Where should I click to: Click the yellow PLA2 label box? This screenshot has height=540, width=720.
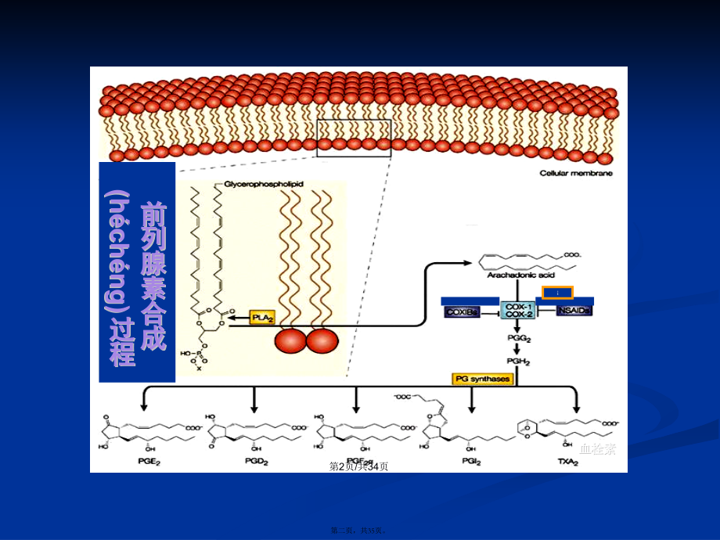tap(263, 317)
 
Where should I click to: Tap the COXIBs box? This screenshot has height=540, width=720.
tap(462, 311)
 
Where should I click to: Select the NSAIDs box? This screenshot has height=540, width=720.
tap(574, 311)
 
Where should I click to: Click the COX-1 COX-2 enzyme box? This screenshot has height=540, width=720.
tap(519, 309)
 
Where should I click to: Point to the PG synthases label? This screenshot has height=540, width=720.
tap(482, 379)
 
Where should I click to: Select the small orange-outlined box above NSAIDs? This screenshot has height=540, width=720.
tap(559, 292)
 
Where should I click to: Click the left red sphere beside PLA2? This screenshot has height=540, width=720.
tap(290, 341)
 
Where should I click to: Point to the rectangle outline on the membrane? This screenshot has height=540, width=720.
tap(354, 138)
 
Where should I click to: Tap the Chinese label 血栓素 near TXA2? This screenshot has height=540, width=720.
tap(598, 449)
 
